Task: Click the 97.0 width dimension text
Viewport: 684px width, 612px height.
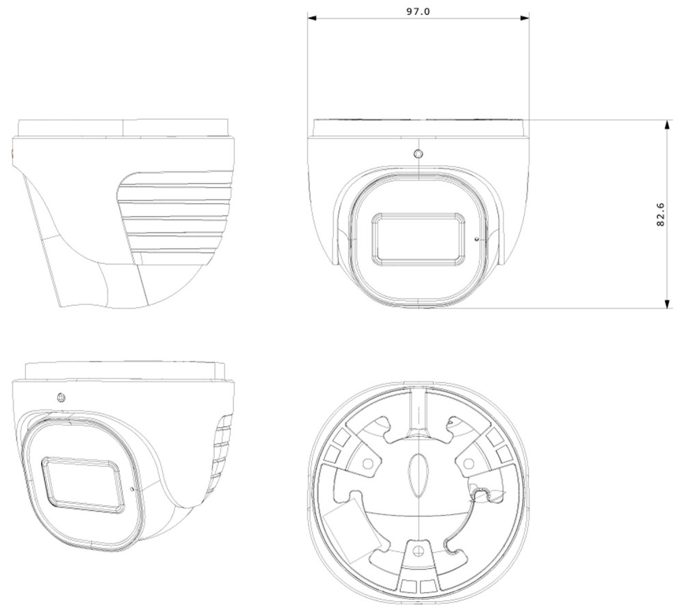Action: (418, 12)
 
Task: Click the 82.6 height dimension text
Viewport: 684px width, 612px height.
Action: (661, 214)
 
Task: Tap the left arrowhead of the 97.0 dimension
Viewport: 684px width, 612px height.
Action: (312, 18)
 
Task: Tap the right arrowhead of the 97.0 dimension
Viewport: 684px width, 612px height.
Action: (525, 18)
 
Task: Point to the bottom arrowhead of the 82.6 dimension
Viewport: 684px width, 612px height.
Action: (666, 304)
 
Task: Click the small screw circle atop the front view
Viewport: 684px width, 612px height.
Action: (419, 154)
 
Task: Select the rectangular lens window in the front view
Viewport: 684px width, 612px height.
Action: (418, 239)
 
